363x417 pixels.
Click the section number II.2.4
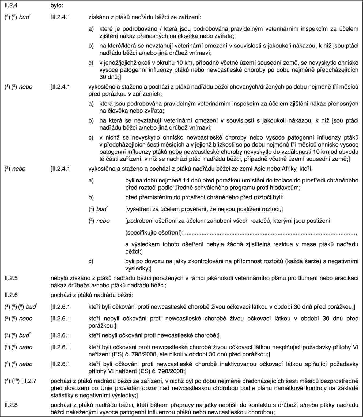point(10,5)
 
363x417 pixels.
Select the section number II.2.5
point(10,278)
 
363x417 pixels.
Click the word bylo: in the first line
point(57,5)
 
